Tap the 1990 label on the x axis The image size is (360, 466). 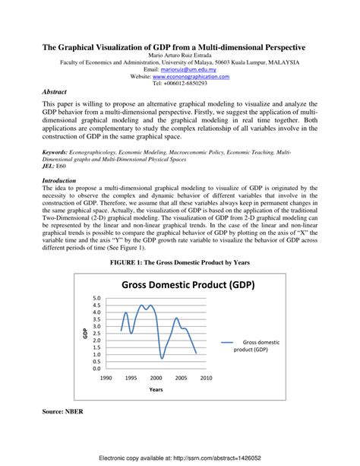tap(106, 378)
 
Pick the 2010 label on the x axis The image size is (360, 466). tap(206, 378)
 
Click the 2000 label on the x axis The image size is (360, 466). tap(156, 378)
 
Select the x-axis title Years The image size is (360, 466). tap(156, 389)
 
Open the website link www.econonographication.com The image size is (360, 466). tap(191, 77)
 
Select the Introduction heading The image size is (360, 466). tap(62, 181)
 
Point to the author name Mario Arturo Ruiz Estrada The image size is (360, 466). tap(180, 55)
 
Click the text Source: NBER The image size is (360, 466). tap(63, 411)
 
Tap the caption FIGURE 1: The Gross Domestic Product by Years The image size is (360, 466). tap(180, 262)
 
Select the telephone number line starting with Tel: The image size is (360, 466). tap(180, 84)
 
